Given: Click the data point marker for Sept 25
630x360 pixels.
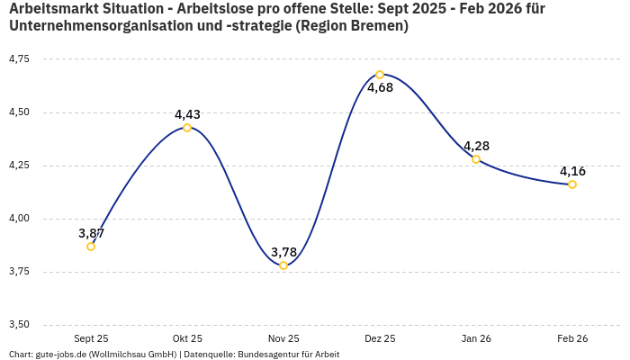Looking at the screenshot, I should tap(91, 247).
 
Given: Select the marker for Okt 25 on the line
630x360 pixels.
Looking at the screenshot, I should tap(187, 128).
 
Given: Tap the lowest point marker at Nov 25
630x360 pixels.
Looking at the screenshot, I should tap(283, 265).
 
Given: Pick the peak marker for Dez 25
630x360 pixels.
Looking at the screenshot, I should tap(380, 75).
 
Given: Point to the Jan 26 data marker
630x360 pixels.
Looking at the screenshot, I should tap(476, 159).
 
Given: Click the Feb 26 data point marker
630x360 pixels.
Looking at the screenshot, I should tap(572, 184).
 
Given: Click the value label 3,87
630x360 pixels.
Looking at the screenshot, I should tap(91, 233).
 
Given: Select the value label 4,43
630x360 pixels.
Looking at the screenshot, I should tap(187, 114).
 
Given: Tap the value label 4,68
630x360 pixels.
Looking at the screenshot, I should tap(380, 88).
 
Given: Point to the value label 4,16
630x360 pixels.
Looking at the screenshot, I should tap(572, 171).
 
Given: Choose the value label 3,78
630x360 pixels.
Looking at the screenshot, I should tap(283, 252).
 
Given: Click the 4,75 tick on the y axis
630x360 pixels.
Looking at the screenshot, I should tap(19, 59).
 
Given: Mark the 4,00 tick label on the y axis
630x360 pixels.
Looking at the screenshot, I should tap(19, 219).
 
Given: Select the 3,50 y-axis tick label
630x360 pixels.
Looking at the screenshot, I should tap(19, 325).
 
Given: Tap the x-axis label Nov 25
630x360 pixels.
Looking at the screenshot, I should tap(283, 338).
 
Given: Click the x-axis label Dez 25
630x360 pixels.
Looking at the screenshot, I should tap(380, 338).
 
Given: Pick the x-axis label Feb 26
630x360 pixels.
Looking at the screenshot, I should tap(572, 338).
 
